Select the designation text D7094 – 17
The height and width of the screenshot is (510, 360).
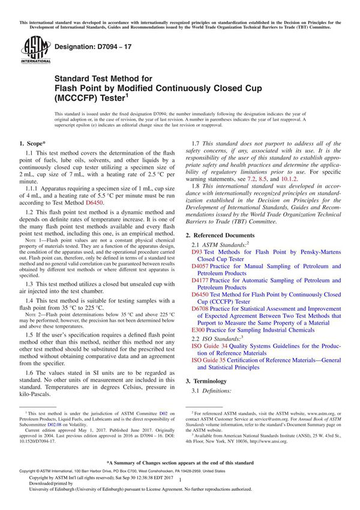tap(85, 46)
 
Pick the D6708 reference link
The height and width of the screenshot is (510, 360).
tap(200, 308)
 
